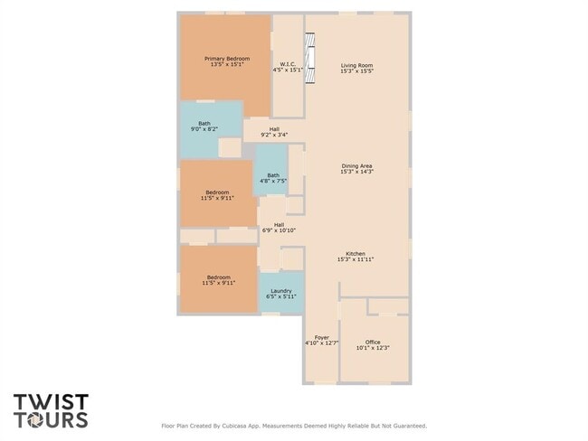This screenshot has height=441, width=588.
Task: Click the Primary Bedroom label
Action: (x=227, y=59)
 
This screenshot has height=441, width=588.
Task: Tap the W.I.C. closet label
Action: (x=287, y=65)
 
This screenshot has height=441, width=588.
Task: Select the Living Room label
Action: (x=356, y=65)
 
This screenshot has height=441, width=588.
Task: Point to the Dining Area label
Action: (x=356, y=165)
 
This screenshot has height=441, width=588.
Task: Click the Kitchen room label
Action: (x=356, y=253)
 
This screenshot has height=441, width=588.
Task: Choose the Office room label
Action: (x=373, y=342)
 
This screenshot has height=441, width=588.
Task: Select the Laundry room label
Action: (x=281, y=290)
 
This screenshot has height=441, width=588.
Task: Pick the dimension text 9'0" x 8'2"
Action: (x=204, y=129)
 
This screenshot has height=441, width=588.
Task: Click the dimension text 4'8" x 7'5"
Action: (x=273, y=182)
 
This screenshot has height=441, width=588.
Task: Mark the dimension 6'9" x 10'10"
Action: (x=280, y=230)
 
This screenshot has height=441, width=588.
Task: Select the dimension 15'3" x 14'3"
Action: (x=356, y=172)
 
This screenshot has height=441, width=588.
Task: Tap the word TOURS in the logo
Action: (x=51, y=419)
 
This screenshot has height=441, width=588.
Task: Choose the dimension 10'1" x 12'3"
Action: (x=373, y=348)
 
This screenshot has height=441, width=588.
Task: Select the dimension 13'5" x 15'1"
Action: (x=227, y=65)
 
